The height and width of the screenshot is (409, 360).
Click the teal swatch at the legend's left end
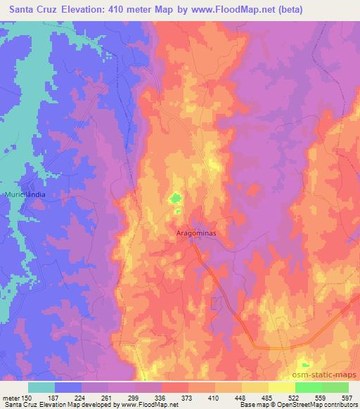(x=41, y=387)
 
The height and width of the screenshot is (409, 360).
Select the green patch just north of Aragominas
(x=174, y=200)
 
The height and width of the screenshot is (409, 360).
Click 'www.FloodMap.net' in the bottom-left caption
(x=150, y=405)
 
